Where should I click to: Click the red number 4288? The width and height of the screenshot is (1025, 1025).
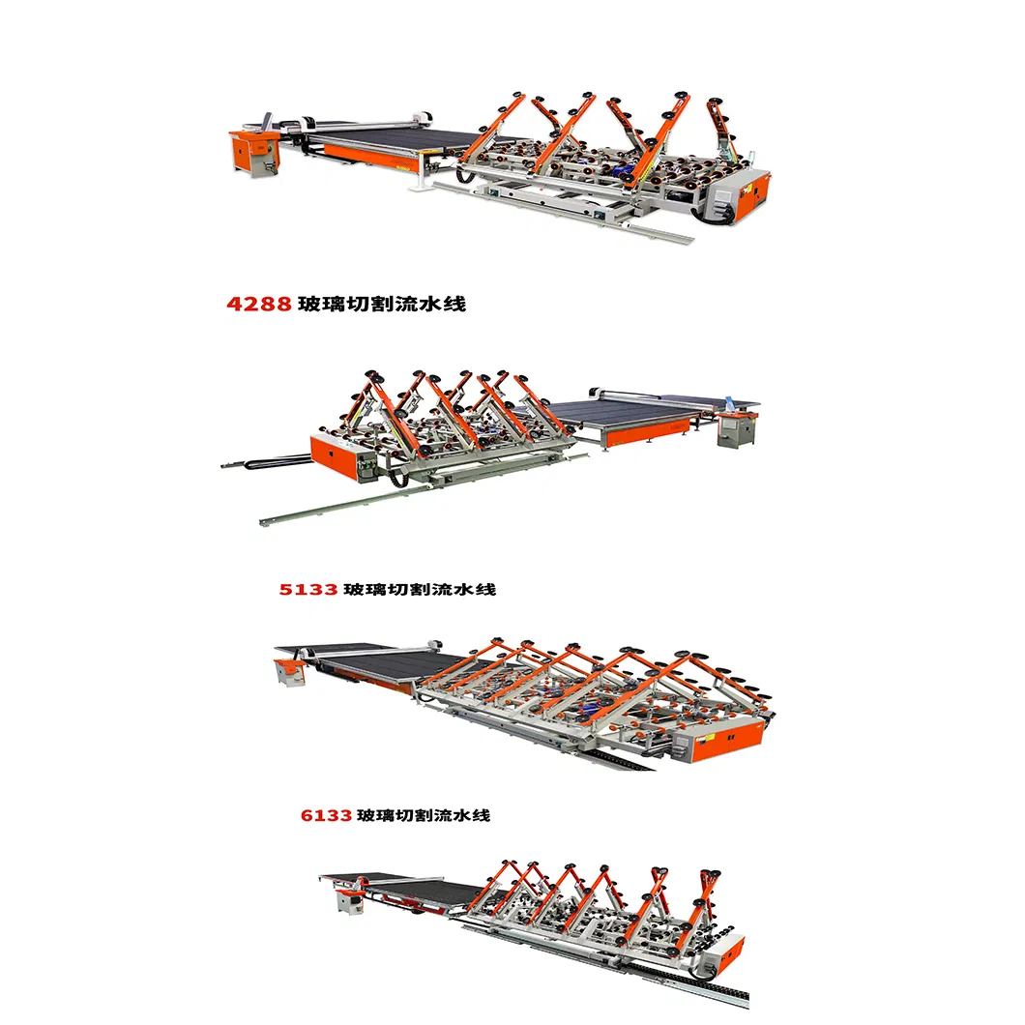(x=258, y=304)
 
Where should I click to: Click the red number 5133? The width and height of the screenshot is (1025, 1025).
(x=308, y=588)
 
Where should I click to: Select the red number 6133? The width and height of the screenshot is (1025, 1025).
(x=326, y=815)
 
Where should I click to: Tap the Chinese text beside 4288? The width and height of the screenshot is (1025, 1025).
(x=381, y=304)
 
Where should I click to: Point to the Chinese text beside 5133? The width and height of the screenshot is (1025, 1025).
(x=420, y=588)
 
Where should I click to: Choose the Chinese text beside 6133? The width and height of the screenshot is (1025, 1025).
(x=424, y=815)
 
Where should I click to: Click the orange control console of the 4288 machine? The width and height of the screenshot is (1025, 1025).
(x=253, y=153)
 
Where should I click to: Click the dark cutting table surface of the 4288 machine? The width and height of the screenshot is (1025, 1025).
(x=396, y=145)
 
